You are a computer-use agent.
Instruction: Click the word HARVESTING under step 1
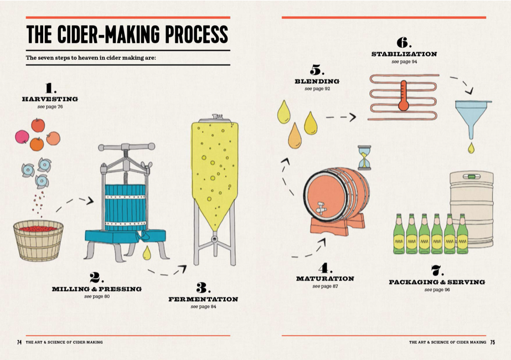[x=50, y=99]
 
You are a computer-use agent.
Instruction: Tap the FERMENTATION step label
[x=203, y=299]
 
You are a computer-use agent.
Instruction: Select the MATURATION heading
[x=324, y=279]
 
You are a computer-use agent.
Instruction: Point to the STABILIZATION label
[x=404, y=54]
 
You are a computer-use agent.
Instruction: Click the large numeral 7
[x=437, y=270]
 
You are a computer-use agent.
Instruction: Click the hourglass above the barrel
[x=364, y=157]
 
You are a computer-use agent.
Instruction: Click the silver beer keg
[x=471, y=208]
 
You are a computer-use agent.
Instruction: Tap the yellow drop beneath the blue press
[x=147, y=253]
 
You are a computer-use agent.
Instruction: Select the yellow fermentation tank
[x=214, y=172]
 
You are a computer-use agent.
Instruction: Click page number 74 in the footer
[x=19, y=342]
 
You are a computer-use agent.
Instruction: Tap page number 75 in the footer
[x=492, y=342]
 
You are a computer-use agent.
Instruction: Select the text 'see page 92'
[x=317, y=89]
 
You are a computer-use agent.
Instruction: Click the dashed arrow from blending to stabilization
[x=340, y=117]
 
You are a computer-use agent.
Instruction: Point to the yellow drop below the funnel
[x=471, y=147]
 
